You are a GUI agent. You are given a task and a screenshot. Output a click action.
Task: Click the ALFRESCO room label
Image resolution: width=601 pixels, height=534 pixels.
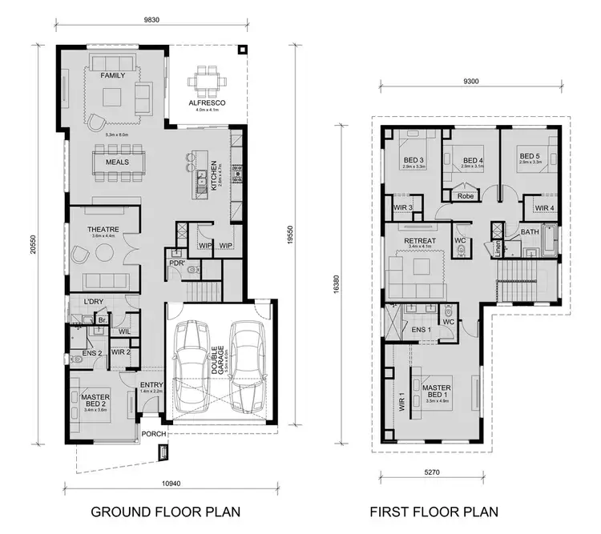tap(207, 103)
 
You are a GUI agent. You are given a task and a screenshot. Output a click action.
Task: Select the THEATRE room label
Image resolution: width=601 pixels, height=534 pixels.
tap(103, 229)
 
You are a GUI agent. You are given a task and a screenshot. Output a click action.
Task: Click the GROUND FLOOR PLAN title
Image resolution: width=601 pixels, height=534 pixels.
tap(164, 511)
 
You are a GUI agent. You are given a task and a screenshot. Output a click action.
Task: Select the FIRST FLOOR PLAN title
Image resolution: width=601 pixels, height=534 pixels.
tap(434, 511)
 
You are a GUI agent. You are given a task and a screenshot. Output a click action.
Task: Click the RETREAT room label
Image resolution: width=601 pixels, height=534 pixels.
tap(420, 239)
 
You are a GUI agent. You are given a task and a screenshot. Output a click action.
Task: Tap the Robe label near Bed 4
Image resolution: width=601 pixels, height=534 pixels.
tap(465, 195)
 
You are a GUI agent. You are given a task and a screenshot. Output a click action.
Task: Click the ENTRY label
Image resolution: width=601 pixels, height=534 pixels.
tap(151, 384)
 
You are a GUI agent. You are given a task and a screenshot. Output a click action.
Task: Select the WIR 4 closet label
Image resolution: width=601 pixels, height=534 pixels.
tap(545, 208)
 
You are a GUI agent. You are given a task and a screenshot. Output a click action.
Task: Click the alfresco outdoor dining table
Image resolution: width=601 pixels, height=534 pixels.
tap(207, 80)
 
